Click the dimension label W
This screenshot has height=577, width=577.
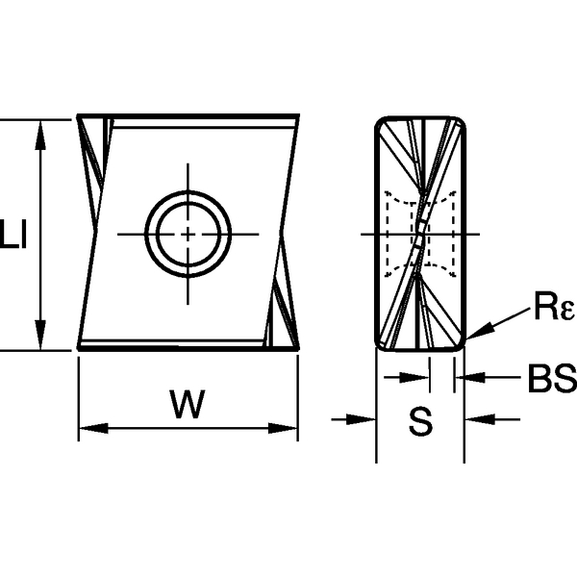pos(188,406)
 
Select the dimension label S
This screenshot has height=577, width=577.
pos(419,420)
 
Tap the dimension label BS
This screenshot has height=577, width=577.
pos(550,378)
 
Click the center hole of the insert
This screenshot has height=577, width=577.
pos(188,234)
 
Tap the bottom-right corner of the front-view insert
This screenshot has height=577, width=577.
pos(297,348)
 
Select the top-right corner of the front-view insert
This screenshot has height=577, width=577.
pos(297,119)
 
